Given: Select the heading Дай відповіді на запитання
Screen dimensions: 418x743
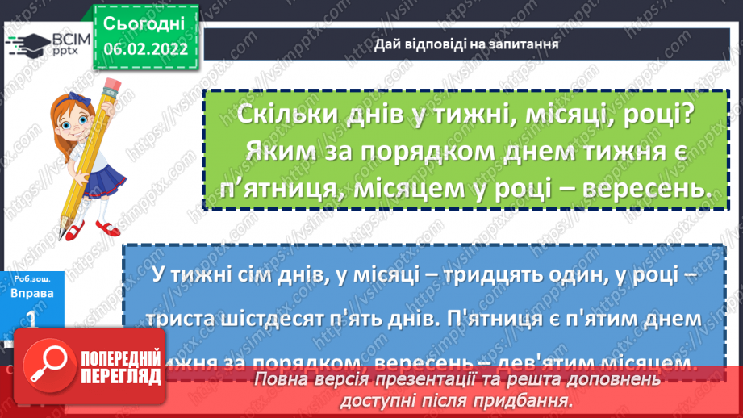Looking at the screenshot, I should (x=467, y=44).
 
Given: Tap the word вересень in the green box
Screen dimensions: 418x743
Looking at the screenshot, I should (x=641, y=188).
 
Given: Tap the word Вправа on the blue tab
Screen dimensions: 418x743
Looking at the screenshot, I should (x=34, y=293).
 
